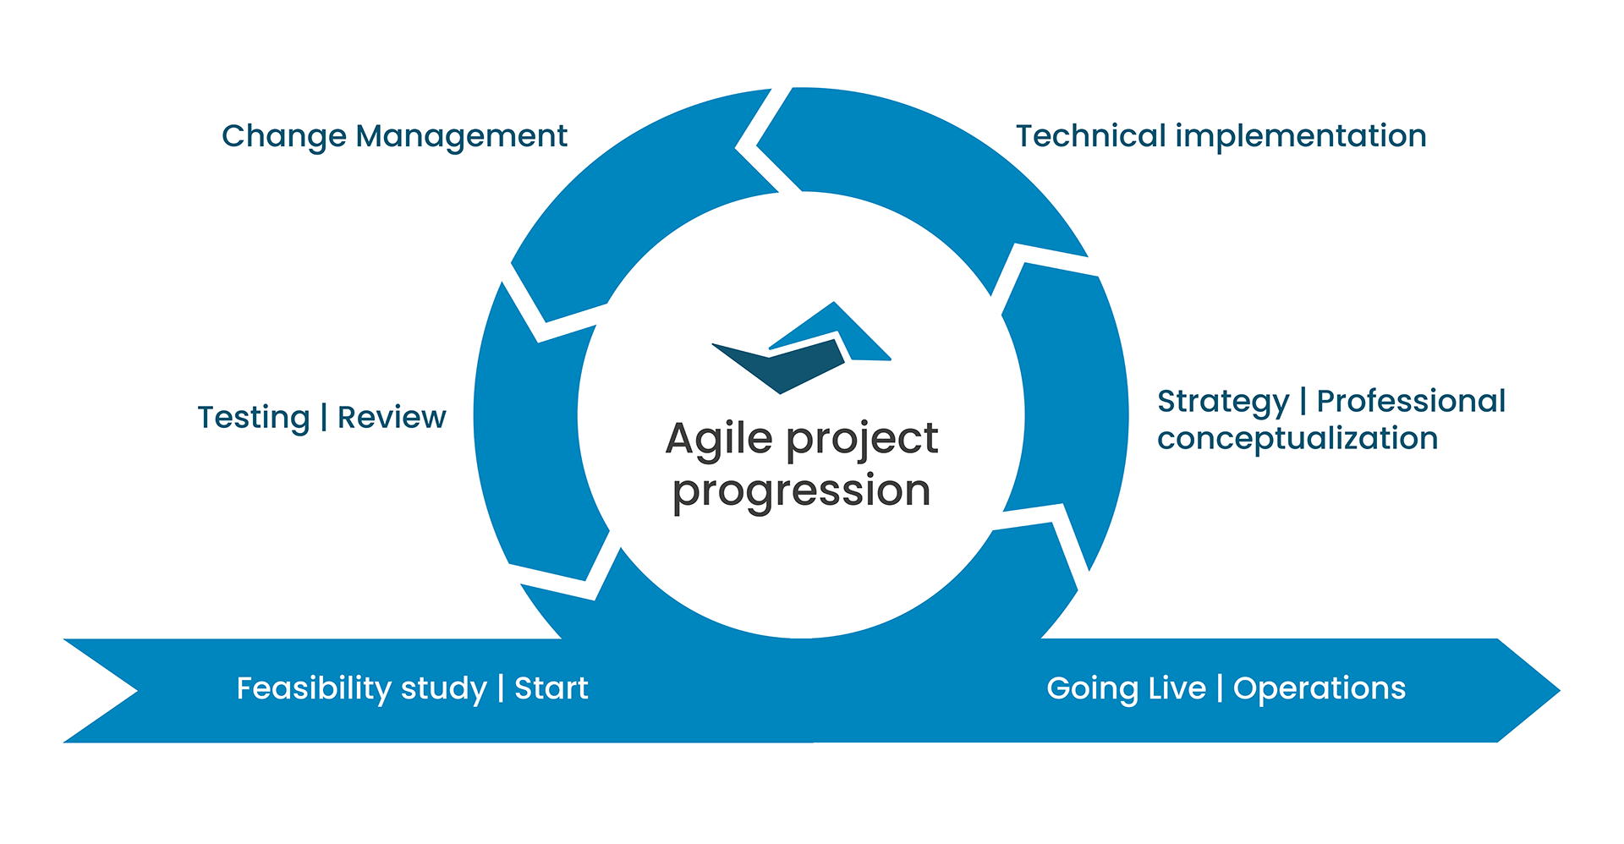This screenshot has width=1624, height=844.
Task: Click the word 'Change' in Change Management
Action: point(284,137)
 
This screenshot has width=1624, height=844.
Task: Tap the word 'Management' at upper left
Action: point(462,136)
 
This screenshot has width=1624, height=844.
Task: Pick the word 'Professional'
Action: point(1411,401)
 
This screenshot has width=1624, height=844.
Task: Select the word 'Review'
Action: point(392,417)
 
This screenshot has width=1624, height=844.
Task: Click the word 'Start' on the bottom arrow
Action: point(551,688)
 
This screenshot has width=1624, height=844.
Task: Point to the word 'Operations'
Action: point(1319,689)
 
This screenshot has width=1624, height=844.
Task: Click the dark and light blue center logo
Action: point(801,348)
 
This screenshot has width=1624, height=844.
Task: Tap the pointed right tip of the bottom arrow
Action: point(1560,691)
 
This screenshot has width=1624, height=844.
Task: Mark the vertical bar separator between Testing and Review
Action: point(324,418)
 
